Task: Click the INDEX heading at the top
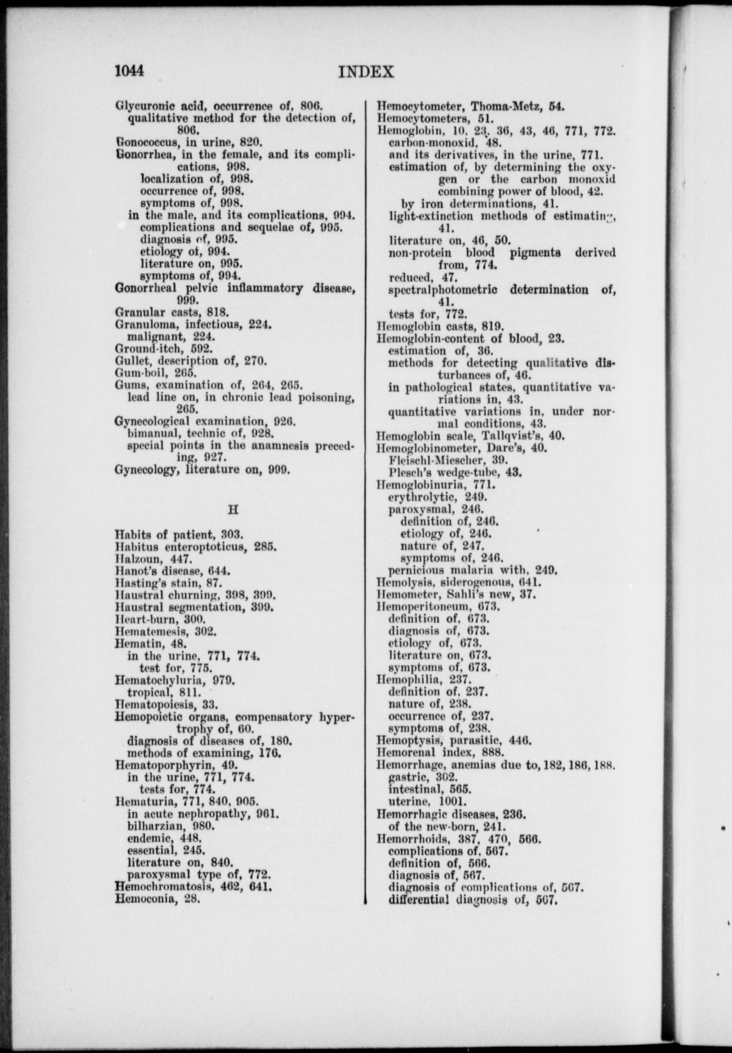366,72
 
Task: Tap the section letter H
233,509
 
